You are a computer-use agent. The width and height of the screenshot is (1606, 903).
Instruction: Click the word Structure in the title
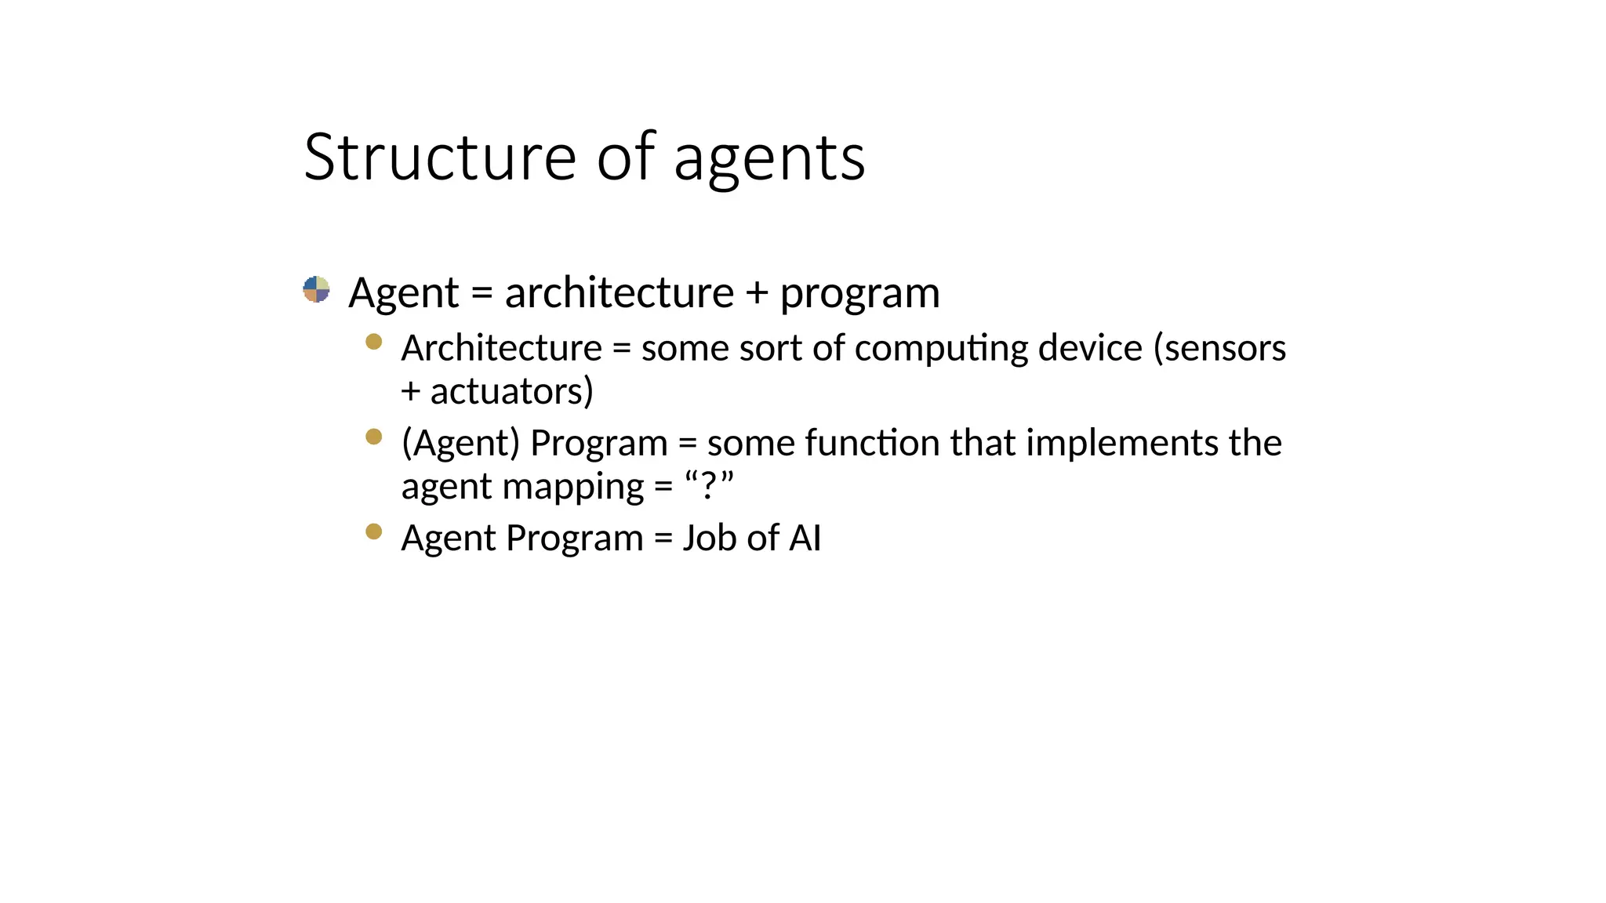440,157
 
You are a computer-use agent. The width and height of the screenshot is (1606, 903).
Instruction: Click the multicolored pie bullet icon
316,289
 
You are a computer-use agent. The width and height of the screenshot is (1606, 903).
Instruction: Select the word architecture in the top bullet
619,292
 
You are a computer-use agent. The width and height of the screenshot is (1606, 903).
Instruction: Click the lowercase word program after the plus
859,295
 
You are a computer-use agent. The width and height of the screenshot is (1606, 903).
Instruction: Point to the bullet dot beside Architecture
374,341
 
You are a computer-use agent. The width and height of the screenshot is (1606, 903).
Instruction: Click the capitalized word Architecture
501,348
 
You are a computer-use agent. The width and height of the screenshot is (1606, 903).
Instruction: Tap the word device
1090,348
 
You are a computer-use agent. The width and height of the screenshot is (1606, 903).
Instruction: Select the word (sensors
1219,348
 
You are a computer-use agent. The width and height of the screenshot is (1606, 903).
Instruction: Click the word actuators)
511,391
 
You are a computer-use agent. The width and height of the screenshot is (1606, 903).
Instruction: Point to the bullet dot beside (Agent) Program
374,436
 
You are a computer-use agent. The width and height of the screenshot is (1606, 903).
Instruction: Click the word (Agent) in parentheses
460,444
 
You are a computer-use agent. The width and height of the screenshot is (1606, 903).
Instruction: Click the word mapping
572,488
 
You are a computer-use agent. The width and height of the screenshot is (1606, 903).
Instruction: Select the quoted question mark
709,486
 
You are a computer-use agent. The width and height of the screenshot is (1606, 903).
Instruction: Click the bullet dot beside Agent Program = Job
374,531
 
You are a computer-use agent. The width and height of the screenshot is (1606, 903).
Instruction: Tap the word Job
709,539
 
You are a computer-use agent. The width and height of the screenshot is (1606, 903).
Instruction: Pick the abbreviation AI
805,539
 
